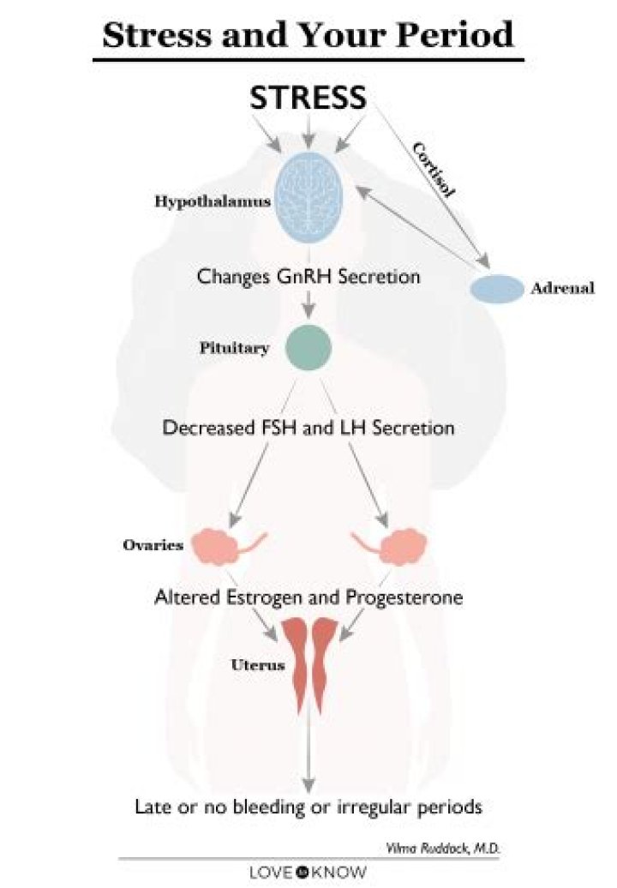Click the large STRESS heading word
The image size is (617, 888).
(x=308, y=98)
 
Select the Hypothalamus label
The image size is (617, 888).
(x=213, y=202)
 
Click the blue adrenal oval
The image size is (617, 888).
(x=496, y=289)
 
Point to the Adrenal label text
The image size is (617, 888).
(x=562, y=288)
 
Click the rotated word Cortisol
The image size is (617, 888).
(x=434, y=171)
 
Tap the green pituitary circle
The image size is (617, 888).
(x=308, y=347)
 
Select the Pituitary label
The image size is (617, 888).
(x=234, y=349)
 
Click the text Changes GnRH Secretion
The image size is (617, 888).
(x=308, y=277)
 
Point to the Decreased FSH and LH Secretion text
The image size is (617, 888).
(x=308, y=426)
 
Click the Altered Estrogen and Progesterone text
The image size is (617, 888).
(x=308, y=597)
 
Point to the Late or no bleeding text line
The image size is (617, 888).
(x=308, y=807)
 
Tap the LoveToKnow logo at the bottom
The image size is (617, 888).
(x=308, y=873)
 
